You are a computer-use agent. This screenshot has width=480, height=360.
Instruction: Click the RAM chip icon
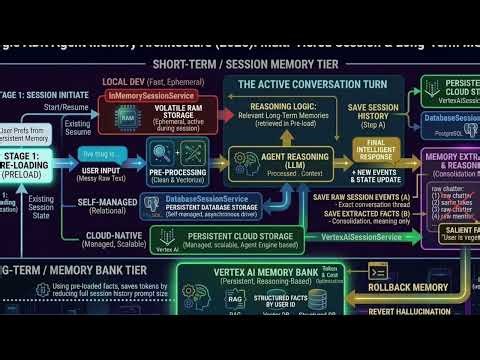click(129, 116)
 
